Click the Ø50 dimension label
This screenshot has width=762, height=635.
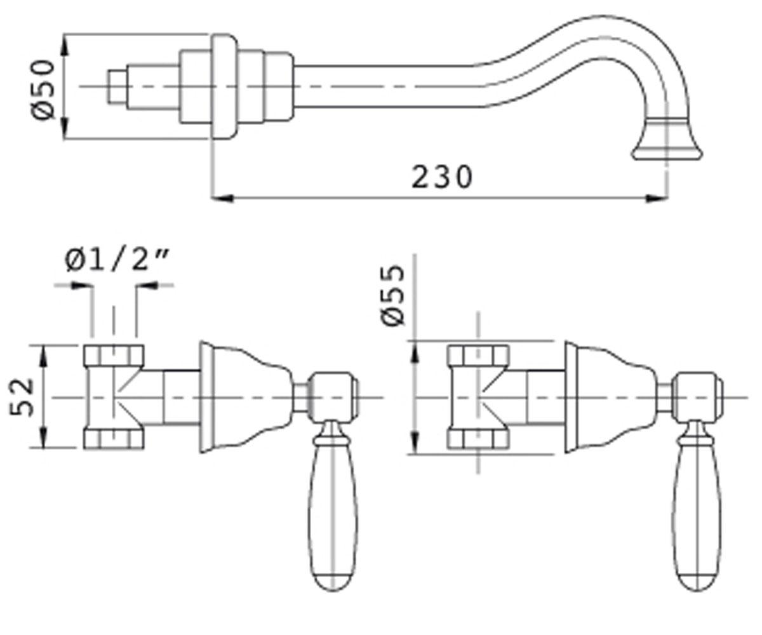point(43,90)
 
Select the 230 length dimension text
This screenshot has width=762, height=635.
point(443,177)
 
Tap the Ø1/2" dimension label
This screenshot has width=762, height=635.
point(117,260)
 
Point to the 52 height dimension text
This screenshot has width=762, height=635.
point(21,397)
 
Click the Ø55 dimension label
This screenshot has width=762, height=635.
point(392,295)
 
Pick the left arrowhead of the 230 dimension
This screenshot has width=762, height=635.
point(222,199)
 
